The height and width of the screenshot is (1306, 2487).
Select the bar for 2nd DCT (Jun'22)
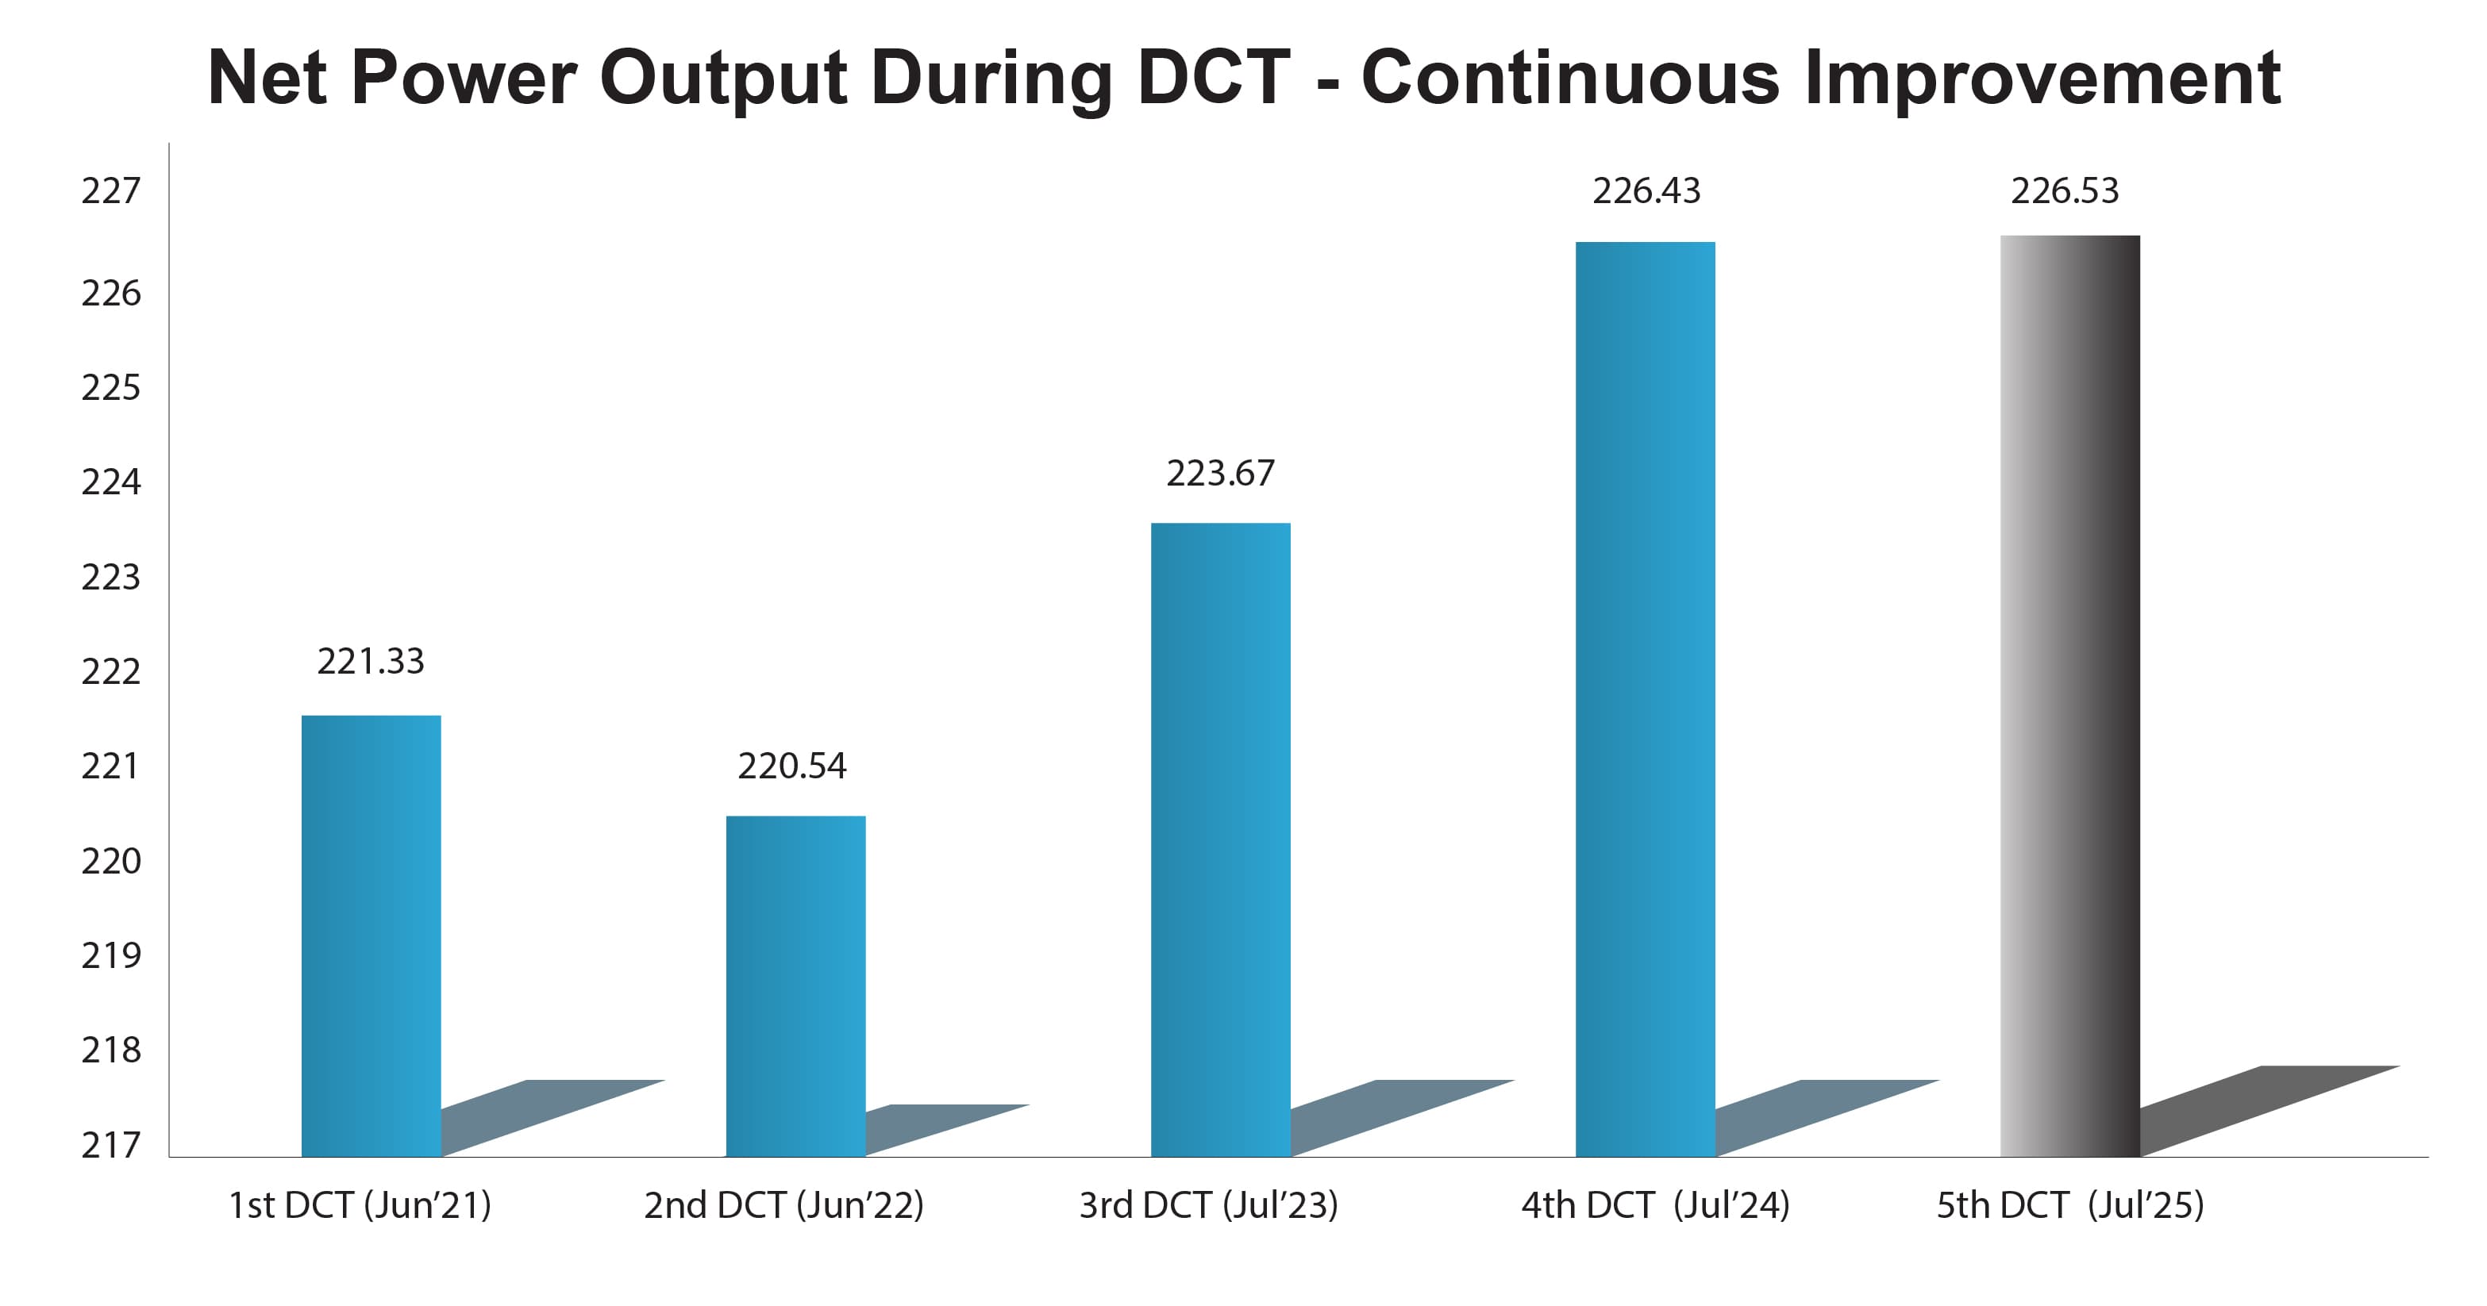click(795, 985)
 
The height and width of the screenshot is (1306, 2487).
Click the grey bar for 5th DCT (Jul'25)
click(2070, 695)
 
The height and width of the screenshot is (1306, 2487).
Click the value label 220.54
click(791, 766)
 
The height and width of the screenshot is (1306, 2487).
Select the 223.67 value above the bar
click(1220, 474)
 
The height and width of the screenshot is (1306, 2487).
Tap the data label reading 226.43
click(1646, 191)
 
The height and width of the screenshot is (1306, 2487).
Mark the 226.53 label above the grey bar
click(2065, 191)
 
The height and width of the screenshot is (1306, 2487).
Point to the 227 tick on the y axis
click(111, 191)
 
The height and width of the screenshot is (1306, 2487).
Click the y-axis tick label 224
click(111, 482)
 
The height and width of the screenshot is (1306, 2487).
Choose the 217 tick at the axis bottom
click(111, 1146)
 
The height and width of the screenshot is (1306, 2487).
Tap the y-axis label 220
click(111, 861)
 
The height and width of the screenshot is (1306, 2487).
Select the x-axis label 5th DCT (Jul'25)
click(2070, 1205)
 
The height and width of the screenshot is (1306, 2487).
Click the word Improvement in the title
click(2041, 77)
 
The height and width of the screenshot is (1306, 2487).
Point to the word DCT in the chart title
click(1214, 77)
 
